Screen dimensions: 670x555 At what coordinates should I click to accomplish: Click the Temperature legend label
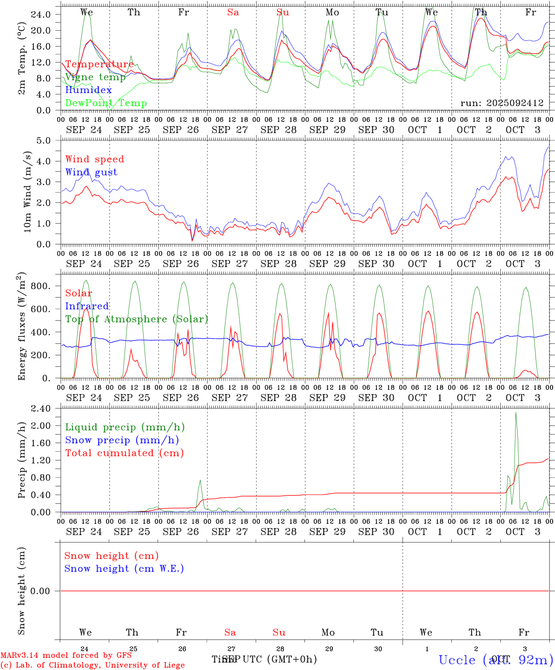tap(99, 64)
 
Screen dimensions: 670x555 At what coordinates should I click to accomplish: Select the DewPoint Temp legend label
tap(106, 103)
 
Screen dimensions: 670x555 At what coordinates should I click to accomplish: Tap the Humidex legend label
tap(88, 90)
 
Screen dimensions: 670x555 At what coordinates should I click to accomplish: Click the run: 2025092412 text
tap(502, 103)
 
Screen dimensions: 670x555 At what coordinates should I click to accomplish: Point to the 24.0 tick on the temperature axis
tap(40, 14)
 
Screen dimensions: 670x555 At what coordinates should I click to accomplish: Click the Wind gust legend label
tap(91, 172)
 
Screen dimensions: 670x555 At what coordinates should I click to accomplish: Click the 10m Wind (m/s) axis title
tap(27, 191)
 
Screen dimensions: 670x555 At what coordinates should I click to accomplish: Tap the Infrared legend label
tap(87, 306)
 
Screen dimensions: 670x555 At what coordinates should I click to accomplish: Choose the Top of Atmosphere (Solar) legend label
tap(136, 319)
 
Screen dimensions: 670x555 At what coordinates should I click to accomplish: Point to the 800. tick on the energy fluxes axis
tap(40, 286)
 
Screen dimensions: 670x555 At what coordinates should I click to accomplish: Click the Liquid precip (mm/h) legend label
tap(125, 427)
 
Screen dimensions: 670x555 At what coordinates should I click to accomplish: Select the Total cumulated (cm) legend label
tap(124, 453)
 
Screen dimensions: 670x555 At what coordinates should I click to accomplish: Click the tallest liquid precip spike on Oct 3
tap(515, 413)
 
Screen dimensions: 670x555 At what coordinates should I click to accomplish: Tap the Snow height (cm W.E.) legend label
tap(124, 569)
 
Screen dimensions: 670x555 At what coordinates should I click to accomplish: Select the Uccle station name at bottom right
tap(496, 659)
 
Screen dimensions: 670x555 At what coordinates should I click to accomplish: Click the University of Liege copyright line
tap(92, 665)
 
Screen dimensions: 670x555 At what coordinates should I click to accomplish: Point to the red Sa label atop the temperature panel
tap(233, 13)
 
